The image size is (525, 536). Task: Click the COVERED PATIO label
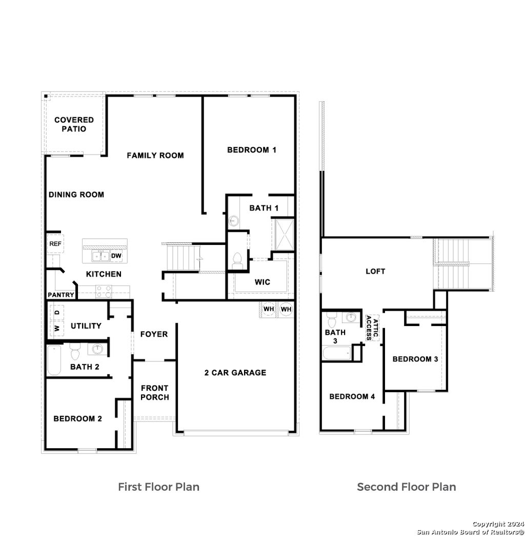(74, 124)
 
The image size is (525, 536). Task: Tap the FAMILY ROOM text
(155, 155)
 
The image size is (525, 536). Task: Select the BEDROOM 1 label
(251, 150)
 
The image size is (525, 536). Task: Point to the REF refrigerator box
(54, 244)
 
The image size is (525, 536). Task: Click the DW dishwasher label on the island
(116, 256)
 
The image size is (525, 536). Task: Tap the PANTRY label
(61, 295)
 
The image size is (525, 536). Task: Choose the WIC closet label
(262, 282)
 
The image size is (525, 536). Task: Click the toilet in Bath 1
(237, 259)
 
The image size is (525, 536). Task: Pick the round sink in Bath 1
(234, 221)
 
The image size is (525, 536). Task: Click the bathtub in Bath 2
(53, 360)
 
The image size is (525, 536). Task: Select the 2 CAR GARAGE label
(235, 373)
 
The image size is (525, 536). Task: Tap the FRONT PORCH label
(154, 392)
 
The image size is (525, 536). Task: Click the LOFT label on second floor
(375, 271)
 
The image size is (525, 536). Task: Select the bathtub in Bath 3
(336, 353)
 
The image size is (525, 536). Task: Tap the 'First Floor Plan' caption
(158, 486)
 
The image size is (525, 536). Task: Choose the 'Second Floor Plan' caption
(406, 486)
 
